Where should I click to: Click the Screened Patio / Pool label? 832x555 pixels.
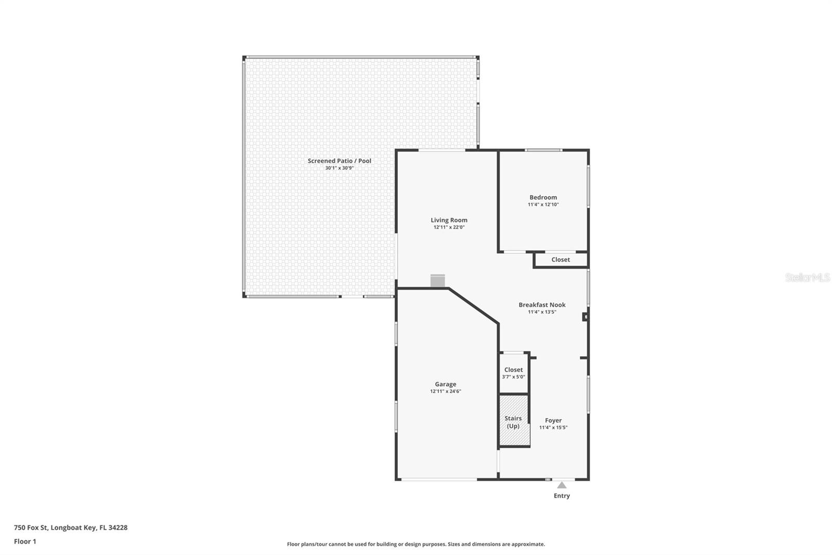pos(339,161)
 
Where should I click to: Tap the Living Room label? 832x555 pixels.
pos(449,220)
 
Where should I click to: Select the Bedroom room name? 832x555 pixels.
pos(543,197)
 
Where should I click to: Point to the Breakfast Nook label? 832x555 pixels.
pos(542,305)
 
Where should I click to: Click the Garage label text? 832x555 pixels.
pos(445,384)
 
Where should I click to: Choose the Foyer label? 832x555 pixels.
pos(553,420)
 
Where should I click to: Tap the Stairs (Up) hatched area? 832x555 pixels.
pos(514,420)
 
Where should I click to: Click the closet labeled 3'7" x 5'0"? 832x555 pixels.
pos(513,373)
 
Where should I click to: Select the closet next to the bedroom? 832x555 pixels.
pos(561,260)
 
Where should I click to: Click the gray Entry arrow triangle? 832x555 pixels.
pos(562,485)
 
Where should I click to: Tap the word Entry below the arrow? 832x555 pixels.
pos(562,496)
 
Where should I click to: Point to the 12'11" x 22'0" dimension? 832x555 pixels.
pos(449,227)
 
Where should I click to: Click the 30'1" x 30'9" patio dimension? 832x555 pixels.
pos(339,168)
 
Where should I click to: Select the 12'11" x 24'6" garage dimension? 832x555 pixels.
pos(445,391)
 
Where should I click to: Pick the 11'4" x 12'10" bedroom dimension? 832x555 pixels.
pos(543,204)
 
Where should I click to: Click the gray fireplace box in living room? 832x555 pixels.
pos(437,281)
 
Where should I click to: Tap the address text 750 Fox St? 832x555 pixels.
pos(31,527)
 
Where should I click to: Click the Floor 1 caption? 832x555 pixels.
pos(25,541)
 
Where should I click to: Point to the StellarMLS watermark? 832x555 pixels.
pos(808,277)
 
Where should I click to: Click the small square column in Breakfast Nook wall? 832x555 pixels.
pos(585,317)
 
